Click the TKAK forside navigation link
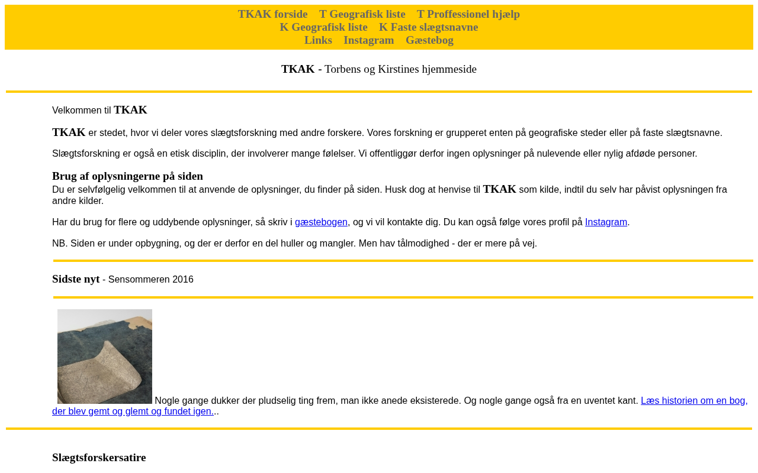pyautogui.click(x=272, y=14)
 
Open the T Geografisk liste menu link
pyautogui.click(x=362, y=14)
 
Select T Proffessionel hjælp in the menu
pyautogui.click(x=468, y=14)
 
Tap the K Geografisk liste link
pyautogui.click(x=323, y=27)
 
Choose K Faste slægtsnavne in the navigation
pyautogui.click(x=428, y=27)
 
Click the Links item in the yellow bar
pyautogui.click(x=318, y=40)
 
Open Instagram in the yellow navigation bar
pyautogui.click(x=368, y=40)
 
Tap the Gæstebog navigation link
pyautogui.click(x=429, y=40)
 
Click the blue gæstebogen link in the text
pyautogui.click(x=321, y=222)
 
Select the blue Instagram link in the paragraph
pyautogui.click(x=606, y=222)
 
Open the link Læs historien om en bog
pyautogui.click(x=693, y=401)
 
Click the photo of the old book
pyautogui.click(x=105, y=357)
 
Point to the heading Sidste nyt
pyautogui.click(x=76, y=279)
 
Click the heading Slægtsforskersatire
pyautogui.click(x=99, y=458)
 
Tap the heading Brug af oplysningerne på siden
pyautogui.click(x=127, y=176)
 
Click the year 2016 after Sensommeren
pyautogui.click(x=183, y=280)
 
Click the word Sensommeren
pyautogui.click(x=139, y=280)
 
